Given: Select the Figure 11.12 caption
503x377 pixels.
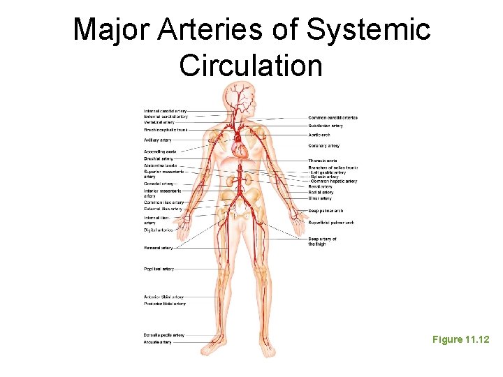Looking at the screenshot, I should click(x=460, y=339).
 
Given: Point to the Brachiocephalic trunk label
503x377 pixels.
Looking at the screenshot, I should click(x=166, y=130).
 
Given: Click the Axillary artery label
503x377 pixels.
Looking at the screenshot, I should click(x=157, y=140).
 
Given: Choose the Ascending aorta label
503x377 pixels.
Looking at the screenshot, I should click(x=159, y=151).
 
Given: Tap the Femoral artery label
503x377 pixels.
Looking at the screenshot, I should click(x=158, y=248).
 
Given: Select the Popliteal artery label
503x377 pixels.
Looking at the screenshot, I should click(x=159, y=269).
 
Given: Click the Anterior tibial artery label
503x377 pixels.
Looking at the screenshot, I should click(x=163, y=297).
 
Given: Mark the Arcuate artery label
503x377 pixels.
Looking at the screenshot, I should click(x=157, y=342).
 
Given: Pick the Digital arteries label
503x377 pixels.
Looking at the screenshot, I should click(x=158, y=230).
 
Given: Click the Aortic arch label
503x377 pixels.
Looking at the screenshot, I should click(x=319, y=135).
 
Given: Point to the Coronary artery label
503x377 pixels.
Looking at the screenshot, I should click(x=323, y=146).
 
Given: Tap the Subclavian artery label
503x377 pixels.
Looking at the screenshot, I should click(x=326, y=126).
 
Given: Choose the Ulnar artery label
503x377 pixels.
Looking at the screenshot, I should click(x=320, y=198).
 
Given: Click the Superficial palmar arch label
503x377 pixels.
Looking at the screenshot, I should click(x=331, y=223).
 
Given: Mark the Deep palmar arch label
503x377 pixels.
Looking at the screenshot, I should click(x=326, y=210).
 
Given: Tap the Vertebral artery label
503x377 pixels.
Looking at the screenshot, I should click(x=159, y=122).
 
